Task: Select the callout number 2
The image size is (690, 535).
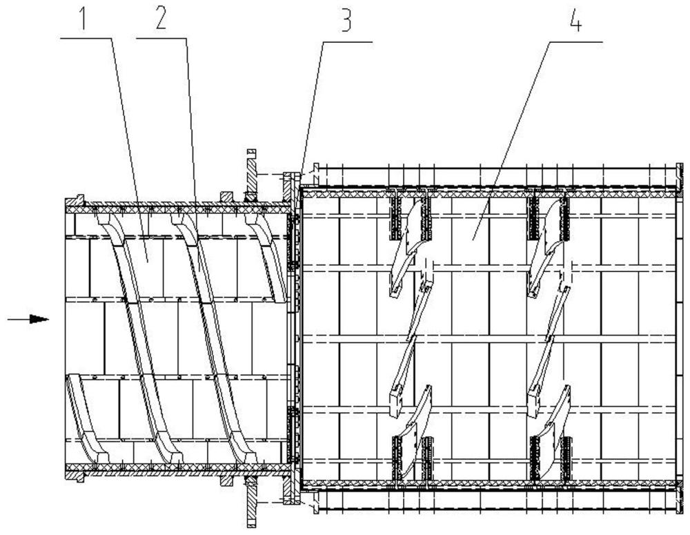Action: pos(161,17)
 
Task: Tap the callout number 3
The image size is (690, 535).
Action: pos(347,19)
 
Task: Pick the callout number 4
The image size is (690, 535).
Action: pos(575,19)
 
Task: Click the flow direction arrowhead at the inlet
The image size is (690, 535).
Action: pos(39,319)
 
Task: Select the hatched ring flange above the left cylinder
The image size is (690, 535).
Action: pos(251,176)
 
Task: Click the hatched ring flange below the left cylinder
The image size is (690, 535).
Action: pos(251,501)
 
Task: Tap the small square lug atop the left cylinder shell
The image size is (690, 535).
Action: pos(226,197)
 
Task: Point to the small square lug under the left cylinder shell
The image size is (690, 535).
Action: pos(226,480)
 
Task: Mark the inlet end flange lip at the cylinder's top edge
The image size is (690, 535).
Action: pos(79,200)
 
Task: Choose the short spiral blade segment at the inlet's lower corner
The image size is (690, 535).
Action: pos(87,418)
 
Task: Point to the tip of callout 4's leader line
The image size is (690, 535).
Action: pos(473,240)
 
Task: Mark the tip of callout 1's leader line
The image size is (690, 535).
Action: pos(147,262)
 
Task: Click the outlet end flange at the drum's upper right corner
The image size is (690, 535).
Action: pos(680,179)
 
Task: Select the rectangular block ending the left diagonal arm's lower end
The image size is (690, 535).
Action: pos(396,400)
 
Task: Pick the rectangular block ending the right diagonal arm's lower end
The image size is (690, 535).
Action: pos(534,400)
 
